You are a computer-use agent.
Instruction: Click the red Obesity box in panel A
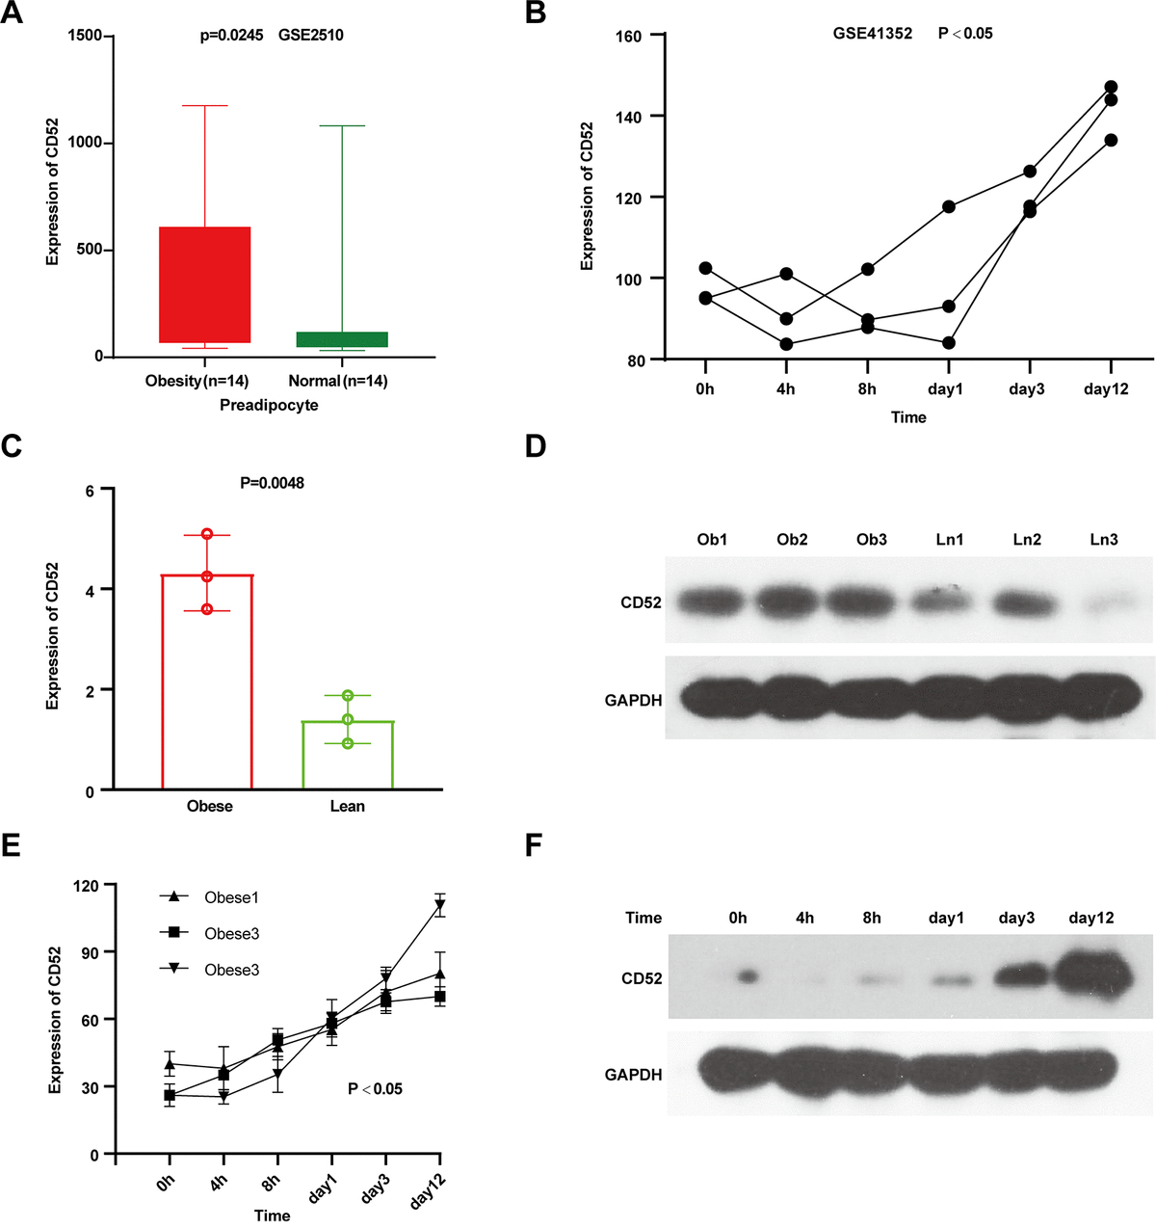pos(205,284)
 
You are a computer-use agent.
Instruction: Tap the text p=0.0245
pos(231,36)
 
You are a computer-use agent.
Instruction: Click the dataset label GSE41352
pos(873,34)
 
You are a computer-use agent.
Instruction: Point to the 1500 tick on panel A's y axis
pos(85,36)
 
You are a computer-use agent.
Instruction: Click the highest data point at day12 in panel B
pos(1111,88)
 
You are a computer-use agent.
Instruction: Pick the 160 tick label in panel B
pos(627,36)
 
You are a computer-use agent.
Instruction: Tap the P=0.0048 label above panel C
pos(272,483)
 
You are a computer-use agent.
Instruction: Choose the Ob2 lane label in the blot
pos(792,540)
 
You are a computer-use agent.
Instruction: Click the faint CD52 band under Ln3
pos(1104,603)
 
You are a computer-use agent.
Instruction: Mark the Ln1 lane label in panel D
pos(949,540)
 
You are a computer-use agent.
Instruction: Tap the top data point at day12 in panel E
pos(440,905)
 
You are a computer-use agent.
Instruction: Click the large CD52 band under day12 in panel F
pos(1091,977)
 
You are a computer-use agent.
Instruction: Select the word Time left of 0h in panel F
pos(643,918)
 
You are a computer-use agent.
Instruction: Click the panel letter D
pos(535,445)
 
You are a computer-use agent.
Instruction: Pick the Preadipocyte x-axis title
pos(269,405)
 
